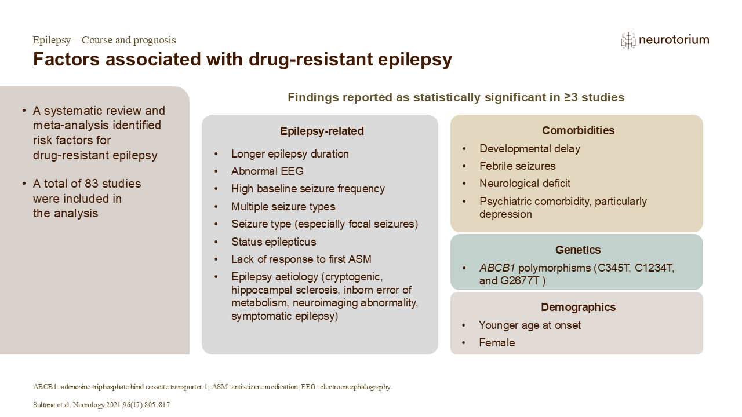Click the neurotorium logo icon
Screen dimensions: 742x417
click(628, 41)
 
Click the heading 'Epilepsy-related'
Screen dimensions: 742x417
click(322, 131)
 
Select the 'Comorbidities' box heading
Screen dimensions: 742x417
click(578, 130)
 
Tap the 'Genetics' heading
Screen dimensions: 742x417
click(578, 250)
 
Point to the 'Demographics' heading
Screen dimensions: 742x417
click(578, 307)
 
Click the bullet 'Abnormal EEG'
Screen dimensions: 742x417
click(267, 171)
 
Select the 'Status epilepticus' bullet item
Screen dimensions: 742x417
click(274, 242)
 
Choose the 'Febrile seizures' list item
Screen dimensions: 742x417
click(518, 166)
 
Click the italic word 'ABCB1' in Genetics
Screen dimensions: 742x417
click(497, 268)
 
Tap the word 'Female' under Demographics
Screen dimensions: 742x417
click(497, 342)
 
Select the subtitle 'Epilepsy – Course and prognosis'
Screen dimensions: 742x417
click(104, 40)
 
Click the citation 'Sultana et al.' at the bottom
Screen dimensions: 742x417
click(52, 405)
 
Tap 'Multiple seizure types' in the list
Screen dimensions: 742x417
click(283, 207)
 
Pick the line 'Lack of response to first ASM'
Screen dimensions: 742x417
click(301, 259)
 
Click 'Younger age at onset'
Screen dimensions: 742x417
click(530, 325)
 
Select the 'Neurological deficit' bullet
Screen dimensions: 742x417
click(525, 184)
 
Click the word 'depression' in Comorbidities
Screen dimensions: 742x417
click(505, 214)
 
